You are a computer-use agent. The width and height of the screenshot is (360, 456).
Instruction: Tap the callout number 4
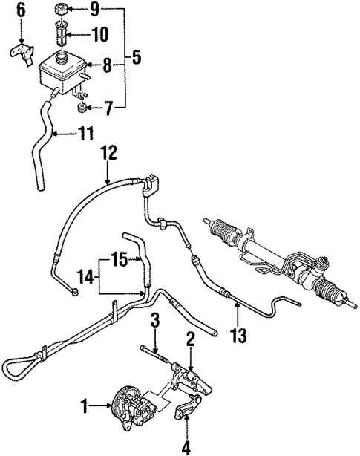coord(187,448)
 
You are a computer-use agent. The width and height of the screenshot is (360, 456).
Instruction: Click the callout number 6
coord(21,10)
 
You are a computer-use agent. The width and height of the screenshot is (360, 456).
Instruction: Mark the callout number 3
coord(154,321)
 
